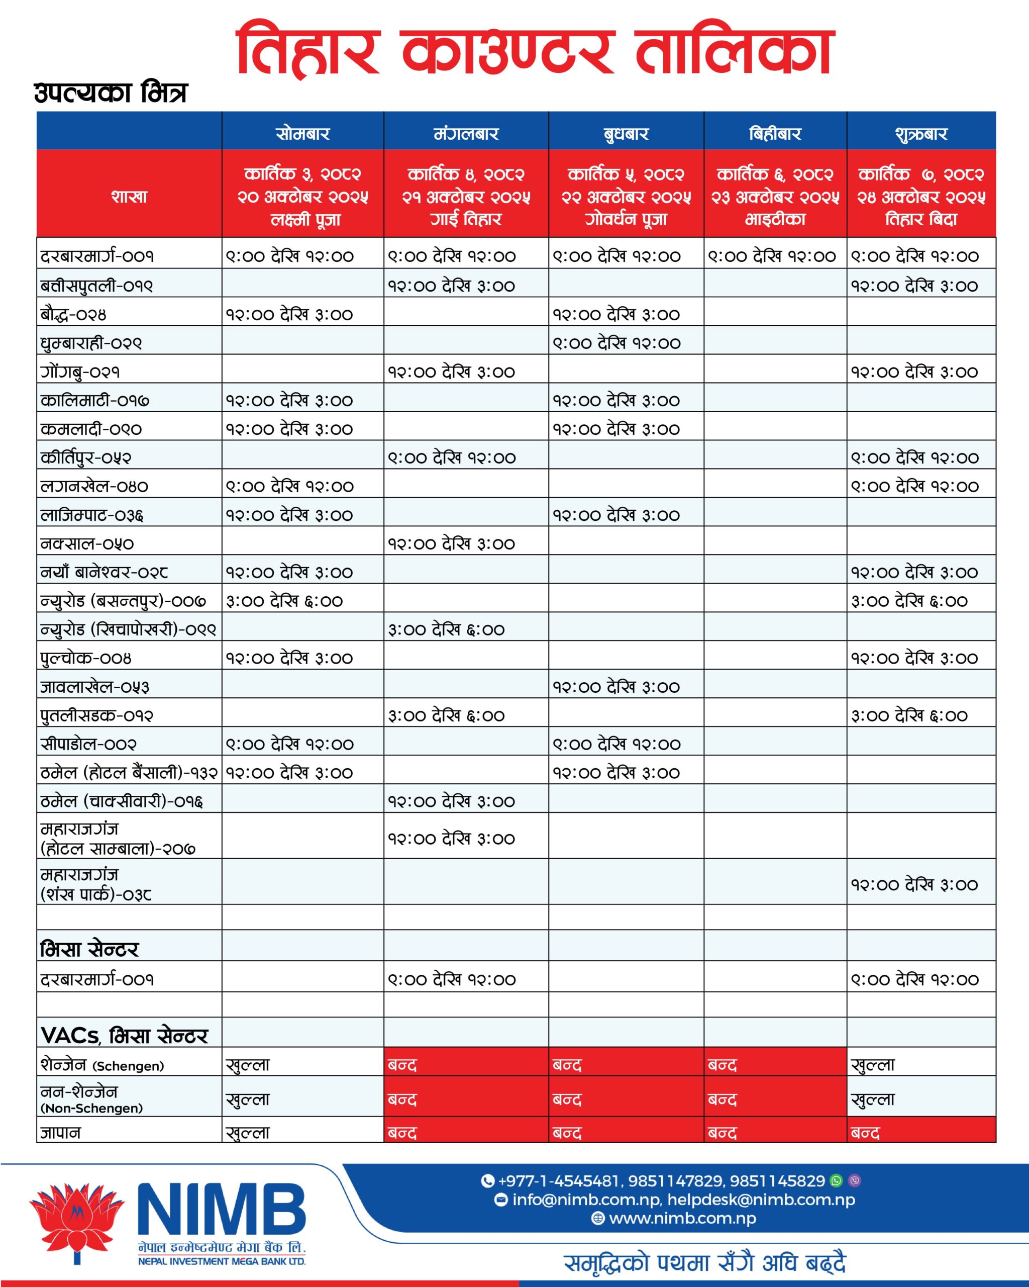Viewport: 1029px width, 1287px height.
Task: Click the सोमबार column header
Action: tap(302, 133)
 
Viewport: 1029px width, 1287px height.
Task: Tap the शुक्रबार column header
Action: tap(920, 133)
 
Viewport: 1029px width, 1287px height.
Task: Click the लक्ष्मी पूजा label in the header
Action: tap(305, 220)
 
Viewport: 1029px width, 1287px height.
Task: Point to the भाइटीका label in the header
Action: tap(775, 220)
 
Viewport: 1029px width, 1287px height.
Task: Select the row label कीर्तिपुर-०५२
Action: tap(86, 458)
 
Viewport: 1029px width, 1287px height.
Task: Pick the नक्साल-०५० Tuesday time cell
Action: tap(452, 544)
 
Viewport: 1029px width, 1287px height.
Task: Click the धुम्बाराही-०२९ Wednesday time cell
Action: tap(616, 343)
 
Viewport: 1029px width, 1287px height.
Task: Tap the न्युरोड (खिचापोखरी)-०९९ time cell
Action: tap(446, 630)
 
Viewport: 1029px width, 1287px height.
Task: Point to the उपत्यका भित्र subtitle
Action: tap(111, 93)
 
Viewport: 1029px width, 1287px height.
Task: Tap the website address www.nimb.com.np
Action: tap(682, 1218)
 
